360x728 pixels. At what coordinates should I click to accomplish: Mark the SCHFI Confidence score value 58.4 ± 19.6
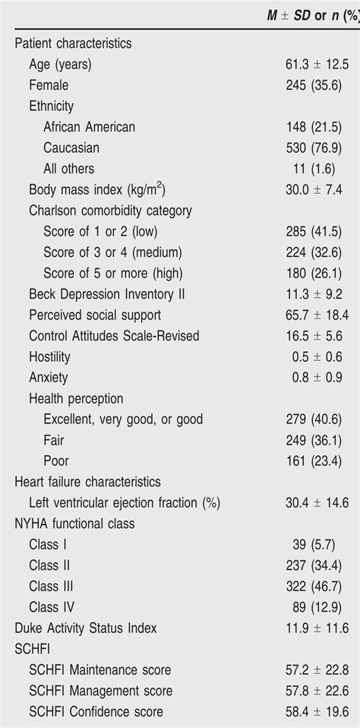(313, 711)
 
